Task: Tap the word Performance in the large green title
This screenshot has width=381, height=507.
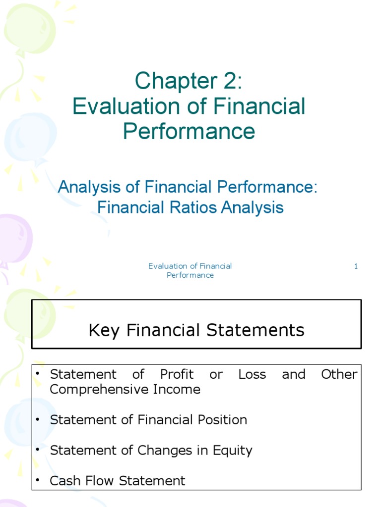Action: click(189, 131)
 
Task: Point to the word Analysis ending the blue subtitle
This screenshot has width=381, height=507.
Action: click(253, 207)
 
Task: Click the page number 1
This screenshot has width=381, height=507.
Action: click(356, 266)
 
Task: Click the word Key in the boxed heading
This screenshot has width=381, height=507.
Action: click(105, 330)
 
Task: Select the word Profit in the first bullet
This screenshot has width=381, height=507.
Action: click(177, 375)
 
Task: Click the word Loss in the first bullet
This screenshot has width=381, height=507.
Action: click(252, 375)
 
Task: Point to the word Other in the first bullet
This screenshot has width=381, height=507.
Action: click(339, 375)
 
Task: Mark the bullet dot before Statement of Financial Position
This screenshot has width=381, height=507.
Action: click(37, 420)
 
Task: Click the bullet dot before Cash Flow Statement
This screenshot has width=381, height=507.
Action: click(37, 481)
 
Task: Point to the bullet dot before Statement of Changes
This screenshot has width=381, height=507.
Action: click(37, 451)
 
